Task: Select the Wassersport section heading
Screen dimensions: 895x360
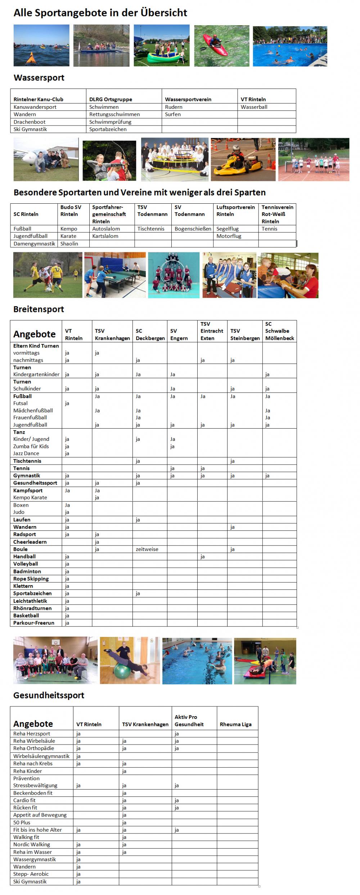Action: tap(39, 78)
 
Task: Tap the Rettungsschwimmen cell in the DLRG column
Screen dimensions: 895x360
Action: tap(114, 114)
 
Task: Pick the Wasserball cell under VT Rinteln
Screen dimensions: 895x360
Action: tap(254, 107)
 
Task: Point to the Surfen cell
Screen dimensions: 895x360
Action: tap(173, 114)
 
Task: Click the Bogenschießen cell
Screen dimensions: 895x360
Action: tap(193, 229)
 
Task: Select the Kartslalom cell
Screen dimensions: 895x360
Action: tap(105, 236)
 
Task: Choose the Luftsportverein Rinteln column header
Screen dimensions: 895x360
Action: tap(235, 211)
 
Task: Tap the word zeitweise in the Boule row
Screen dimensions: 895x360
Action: tap(147, 550)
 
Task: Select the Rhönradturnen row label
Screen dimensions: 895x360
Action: tap(32, 609)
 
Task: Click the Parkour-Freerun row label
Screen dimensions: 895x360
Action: tap(34, 623)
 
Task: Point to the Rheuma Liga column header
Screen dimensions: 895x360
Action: tap(235, 724)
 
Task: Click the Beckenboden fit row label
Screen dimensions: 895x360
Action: tap(33, 793)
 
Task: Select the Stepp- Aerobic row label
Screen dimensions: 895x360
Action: tap(31, 874)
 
